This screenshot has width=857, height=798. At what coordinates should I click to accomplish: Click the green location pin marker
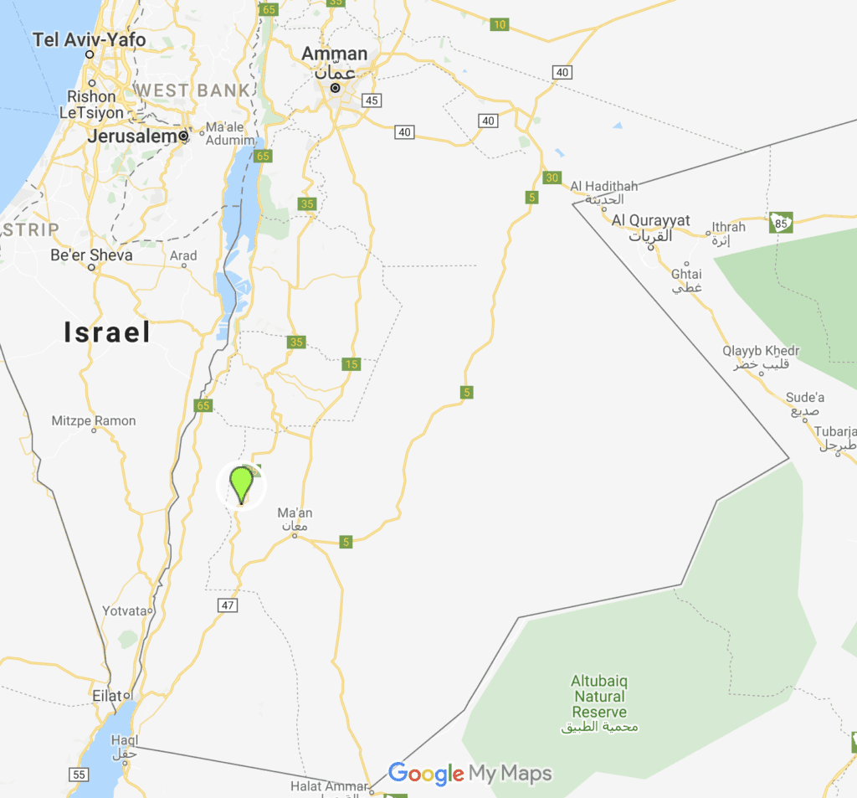coord(241,483)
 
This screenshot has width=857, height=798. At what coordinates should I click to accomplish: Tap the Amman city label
coord(334,54)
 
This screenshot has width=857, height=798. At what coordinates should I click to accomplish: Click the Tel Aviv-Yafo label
coord(89,39)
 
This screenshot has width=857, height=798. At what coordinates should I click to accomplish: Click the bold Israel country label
coord(108,332)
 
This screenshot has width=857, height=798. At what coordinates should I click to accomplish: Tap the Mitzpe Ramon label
coord(94,420)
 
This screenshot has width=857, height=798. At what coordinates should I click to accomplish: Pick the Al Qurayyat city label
coord(651,220)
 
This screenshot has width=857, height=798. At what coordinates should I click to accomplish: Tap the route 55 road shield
coord(79,775)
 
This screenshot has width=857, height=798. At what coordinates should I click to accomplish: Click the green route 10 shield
coord(500,24)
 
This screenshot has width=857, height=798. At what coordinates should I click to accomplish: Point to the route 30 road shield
coord(551,178)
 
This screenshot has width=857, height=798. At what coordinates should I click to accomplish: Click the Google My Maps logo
coord(470,774)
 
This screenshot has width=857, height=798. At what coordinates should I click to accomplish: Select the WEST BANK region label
coord(191,90)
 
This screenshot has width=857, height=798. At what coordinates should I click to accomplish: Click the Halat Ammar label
coord(328,786)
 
